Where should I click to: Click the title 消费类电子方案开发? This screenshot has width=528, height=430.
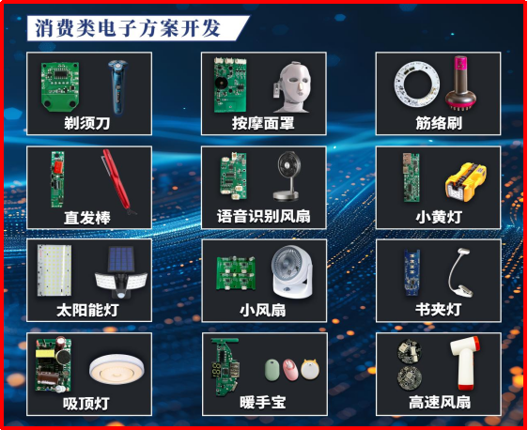click(x=128, y=27)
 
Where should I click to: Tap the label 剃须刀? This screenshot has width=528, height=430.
click(x=87, y=123)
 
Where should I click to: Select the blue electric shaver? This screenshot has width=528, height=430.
click(x=117, y=86)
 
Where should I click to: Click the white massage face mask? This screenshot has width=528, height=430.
click(x=291, y=86)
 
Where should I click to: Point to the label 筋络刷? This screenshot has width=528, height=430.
click(x=439, y=123)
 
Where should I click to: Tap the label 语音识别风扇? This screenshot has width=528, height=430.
click(x=264, y=216)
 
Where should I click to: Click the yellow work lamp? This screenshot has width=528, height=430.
click(x=465, y=182)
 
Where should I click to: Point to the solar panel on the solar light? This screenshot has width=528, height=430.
click(x=121, y=259)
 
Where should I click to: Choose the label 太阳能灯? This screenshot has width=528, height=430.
click(x=87, y=310)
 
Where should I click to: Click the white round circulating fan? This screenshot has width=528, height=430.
click(x=291, y=272)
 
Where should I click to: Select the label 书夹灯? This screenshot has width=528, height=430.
click(x=438, y=310)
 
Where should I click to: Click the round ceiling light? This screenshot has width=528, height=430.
click(x=116, y=369)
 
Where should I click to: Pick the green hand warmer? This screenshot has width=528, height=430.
click(x=272, y=370)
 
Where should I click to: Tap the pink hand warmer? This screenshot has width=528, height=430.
click(x=290, y=369)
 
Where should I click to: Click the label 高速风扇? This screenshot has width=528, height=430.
click(x=440, y=403)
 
